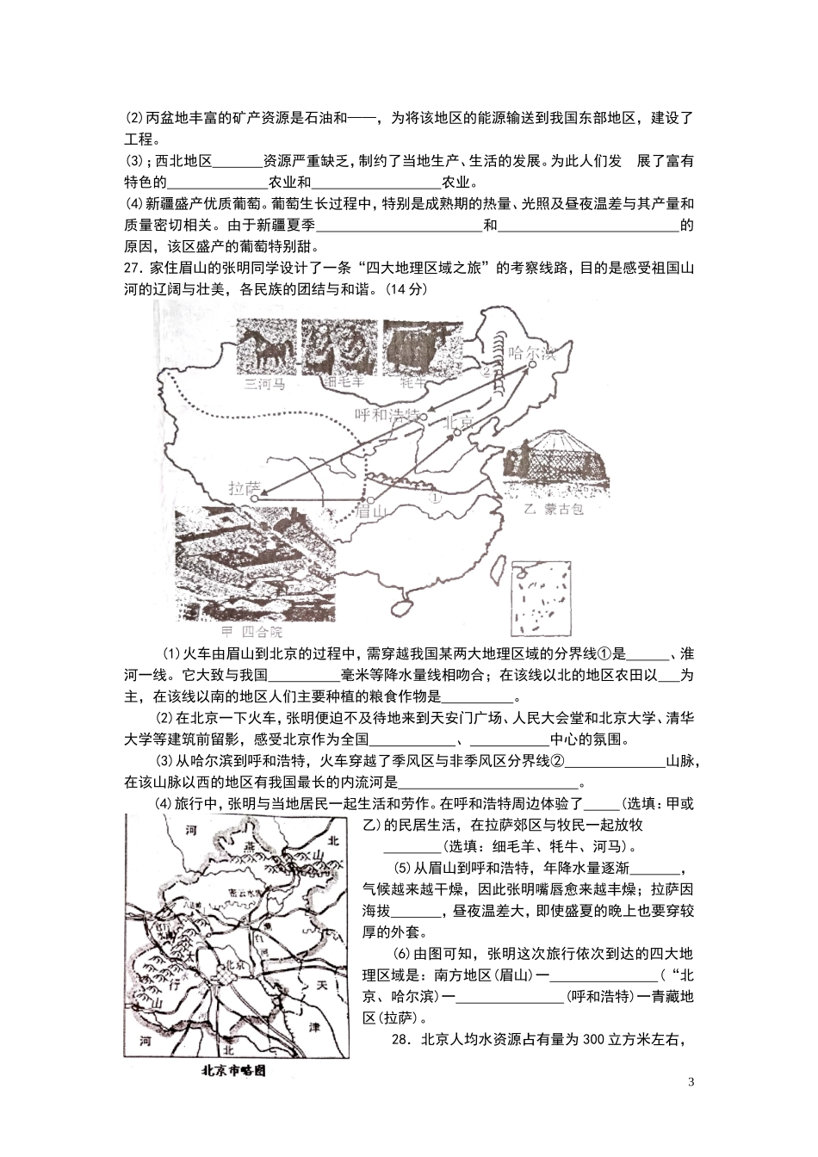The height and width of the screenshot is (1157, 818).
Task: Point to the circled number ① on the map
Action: click(x=436, y=497)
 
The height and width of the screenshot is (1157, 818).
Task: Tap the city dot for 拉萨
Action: click(x=257, y=498)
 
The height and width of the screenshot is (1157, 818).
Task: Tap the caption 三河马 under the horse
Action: click(x=264, y=384)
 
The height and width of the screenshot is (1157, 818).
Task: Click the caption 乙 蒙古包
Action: click(x=554, y=509)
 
